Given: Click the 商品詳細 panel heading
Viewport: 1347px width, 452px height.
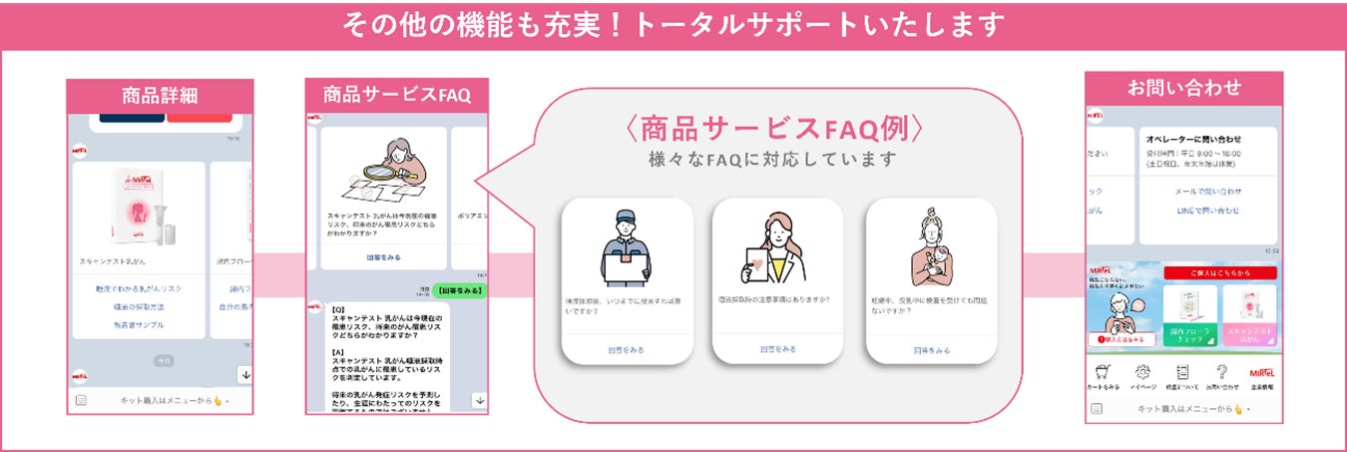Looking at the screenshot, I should (x=160, y=96).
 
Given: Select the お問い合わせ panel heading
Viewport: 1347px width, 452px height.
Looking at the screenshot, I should (x=1183, y=87).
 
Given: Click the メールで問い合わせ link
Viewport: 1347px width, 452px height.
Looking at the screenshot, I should (x=1208, y=191).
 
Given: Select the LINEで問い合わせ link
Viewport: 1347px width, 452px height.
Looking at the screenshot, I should (x=1208, y=211).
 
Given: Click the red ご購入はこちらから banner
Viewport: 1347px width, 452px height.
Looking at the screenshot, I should (x=1205, y=272).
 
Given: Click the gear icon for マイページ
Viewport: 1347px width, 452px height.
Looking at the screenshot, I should (x=1143, y=371).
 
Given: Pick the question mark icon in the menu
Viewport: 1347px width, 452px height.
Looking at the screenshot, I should (x=1221, y=371).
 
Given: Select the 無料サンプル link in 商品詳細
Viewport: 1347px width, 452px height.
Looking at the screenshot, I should (x=139, y=324).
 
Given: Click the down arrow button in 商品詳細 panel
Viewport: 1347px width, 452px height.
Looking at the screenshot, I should (x=243, y=374).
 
